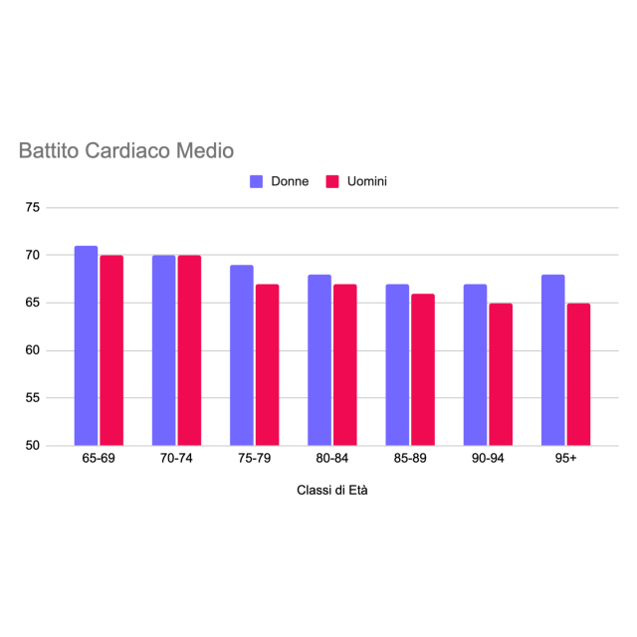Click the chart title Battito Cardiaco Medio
click(x=126, y=151)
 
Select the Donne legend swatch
click(x=256, y=182)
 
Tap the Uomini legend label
click(x=367, y=182)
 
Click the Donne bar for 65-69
click(x=86, y=345)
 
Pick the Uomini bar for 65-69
click(x=111, y=350)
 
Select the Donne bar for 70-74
click(x=163, y=350)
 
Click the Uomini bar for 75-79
click(x=267, y=364)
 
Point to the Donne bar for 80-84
click(x=319, y=359)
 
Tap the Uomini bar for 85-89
click(x=423, y=369)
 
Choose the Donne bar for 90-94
click(x=475, y=364)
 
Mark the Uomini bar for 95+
click(x=578, y=374)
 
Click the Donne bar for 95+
click(x=552, y=359)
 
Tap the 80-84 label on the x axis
click(x=332, y=458)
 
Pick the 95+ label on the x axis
click(x=565, y=458)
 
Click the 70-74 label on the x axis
click(x=176, y=458)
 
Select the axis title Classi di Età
click(x=332, y=492)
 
